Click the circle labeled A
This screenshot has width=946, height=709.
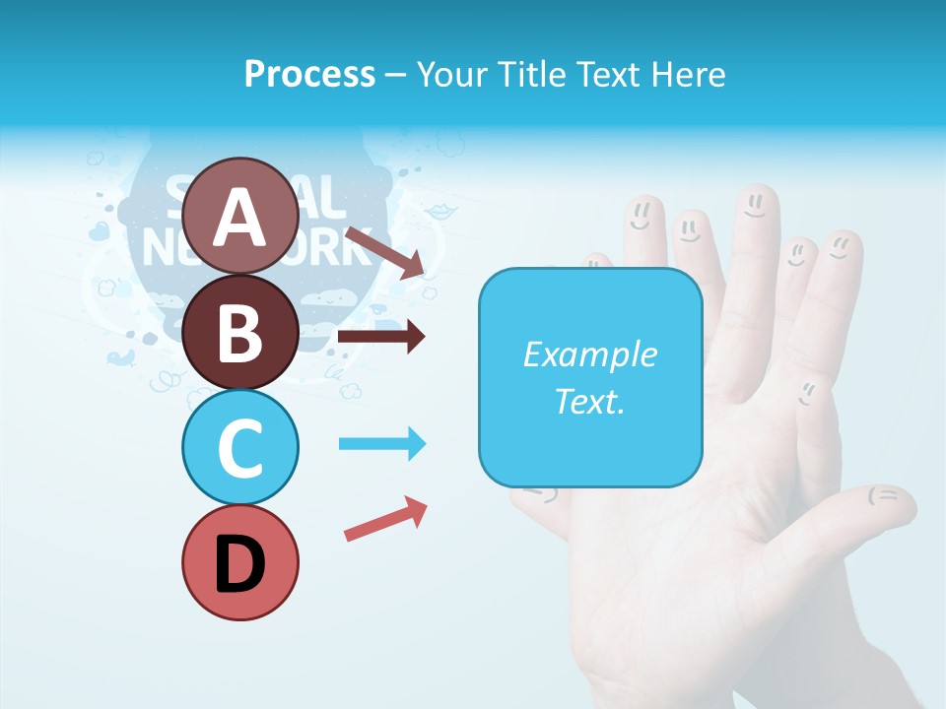coord(239,216)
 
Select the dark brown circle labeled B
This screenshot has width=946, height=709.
coord(239,332)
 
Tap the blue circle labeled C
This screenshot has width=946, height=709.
coord(239,447)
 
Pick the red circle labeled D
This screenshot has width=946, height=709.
coord(239,562)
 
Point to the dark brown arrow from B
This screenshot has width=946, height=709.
coord(380,337)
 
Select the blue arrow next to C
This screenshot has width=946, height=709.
coord(381,444)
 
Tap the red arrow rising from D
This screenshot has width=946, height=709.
coord(385,518)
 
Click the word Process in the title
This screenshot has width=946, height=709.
coord(309,74)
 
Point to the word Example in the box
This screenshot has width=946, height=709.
coord(589,354)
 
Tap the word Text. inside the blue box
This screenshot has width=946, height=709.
coord(589,402)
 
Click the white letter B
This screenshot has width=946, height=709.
coord(239,333)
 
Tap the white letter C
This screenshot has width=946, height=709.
coord(239,448)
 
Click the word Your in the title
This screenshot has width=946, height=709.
coord(451,74)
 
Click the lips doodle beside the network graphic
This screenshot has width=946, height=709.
coord(439,211)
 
